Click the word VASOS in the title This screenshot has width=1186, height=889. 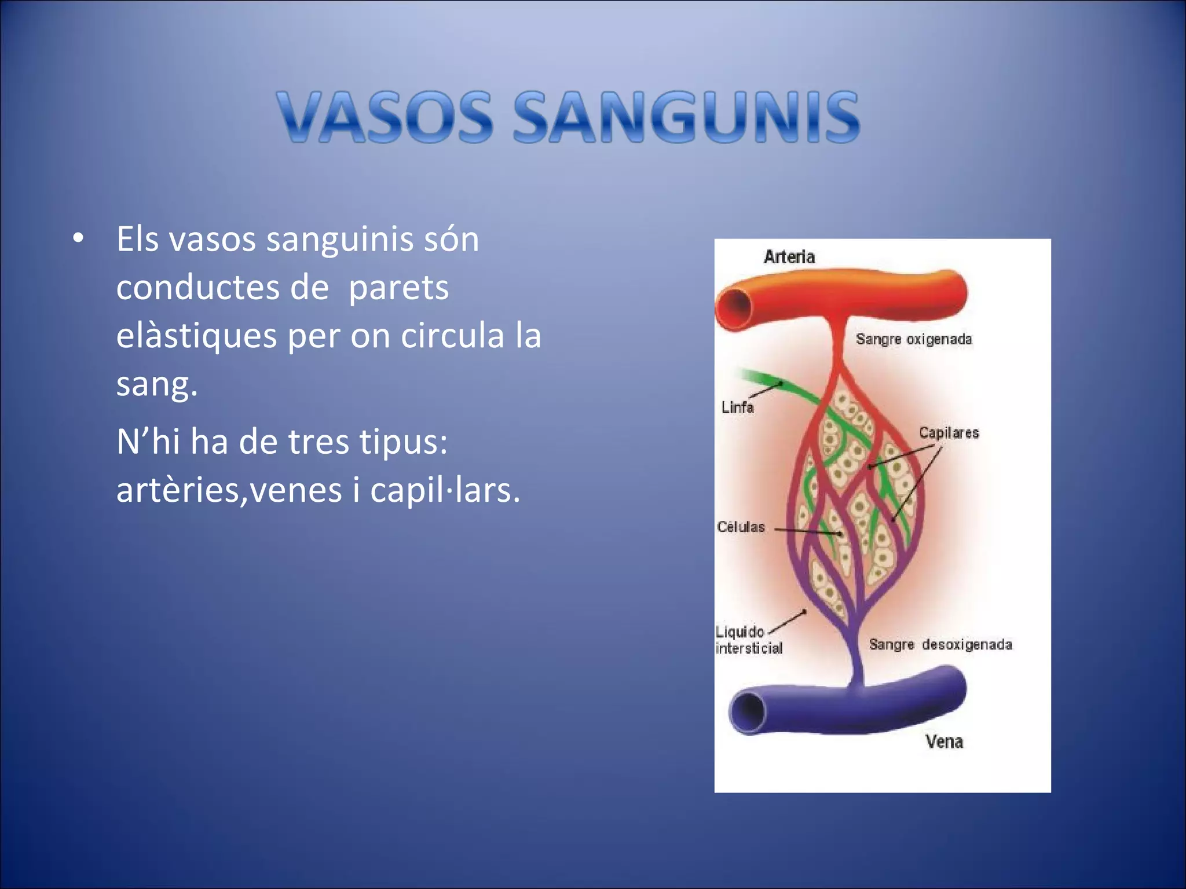click(384, 117)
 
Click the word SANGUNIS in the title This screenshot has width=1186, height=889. click(686, 117)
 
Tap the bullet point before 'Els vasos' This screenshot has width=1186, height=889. click(79, 238)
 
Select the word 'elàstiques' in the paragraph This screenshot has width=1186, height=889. click(196, 336)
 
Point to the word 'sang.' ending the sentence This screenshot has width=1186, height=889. click(156, 383)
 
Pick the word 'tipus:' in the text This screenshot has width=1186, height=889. click(403, 442)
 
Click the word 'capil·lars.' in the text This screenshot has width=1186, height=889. click(445, 491)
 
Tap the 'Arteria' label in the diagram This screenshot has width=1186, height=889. click(789, 256)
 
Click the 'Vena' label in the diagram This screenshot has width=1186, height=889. click(944, 741)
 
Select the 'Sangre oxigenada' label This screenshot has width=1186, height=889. click(913, 339)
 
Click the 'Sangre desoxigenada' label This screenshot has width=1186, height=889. click(940, 645)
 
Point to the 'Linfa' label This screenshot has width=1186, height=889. click(737, 407)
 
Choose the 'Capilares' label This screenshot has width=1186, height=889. click(949, 433)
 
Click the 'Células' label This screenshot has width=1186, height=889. click(741, 527)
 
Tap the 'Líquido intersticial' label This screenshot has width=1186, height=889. click(748, 640)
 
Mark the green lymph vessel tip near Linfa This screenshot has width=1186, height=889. click(747, 375)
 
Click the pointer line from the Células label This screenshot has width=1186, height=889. click(807, 530)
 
